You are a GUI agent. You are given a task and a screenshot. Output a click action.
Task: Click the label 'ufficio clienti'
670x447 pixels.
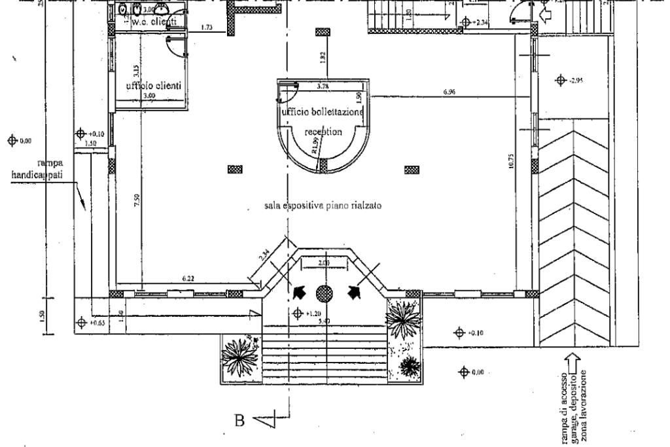[154, 86]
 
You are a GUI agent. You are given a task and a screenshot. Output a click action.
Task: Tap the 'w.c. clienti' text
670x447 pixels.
[154, 22]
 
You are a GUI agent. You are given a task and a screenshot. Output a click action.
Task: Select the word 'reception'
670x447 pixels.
[324, 132]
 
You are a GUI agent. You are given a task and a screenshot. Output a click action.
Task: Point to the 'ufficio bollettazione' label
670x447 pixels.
[323, 112]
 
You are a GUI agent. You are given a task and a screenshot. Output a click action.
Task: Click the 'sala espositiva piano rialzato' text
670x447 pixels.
[319, 206]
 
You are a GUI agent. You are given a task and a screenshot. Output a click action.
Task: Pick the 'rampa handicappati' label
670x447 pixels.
[39, 171]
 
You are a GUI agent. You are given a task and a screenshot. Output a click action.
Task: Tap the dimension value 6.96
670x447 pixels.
[449, 93]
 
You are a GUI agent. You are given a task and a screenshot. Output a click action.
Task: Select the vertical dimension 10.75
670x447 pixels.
[510, 163]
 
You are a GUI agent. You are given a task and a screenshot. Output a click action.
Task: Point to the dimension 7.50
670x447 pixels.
[136, 200]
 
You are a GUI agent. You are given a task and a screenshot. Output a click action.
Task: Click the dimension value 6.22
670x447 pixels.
[188, 279]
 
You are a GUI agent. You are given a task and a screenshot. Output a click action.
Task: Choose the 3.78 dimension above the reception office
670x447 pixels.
[322, 86]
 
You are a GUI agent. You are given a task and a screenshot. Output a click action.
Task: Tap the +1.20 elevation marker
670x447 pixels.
[306, 313]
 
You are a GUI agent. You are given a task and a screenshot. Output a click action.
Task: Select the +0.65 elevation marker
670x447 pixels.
[90, 322]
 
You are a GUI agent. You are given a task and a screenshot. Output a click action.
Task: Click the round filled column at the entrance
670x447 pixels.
[325, 293]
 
